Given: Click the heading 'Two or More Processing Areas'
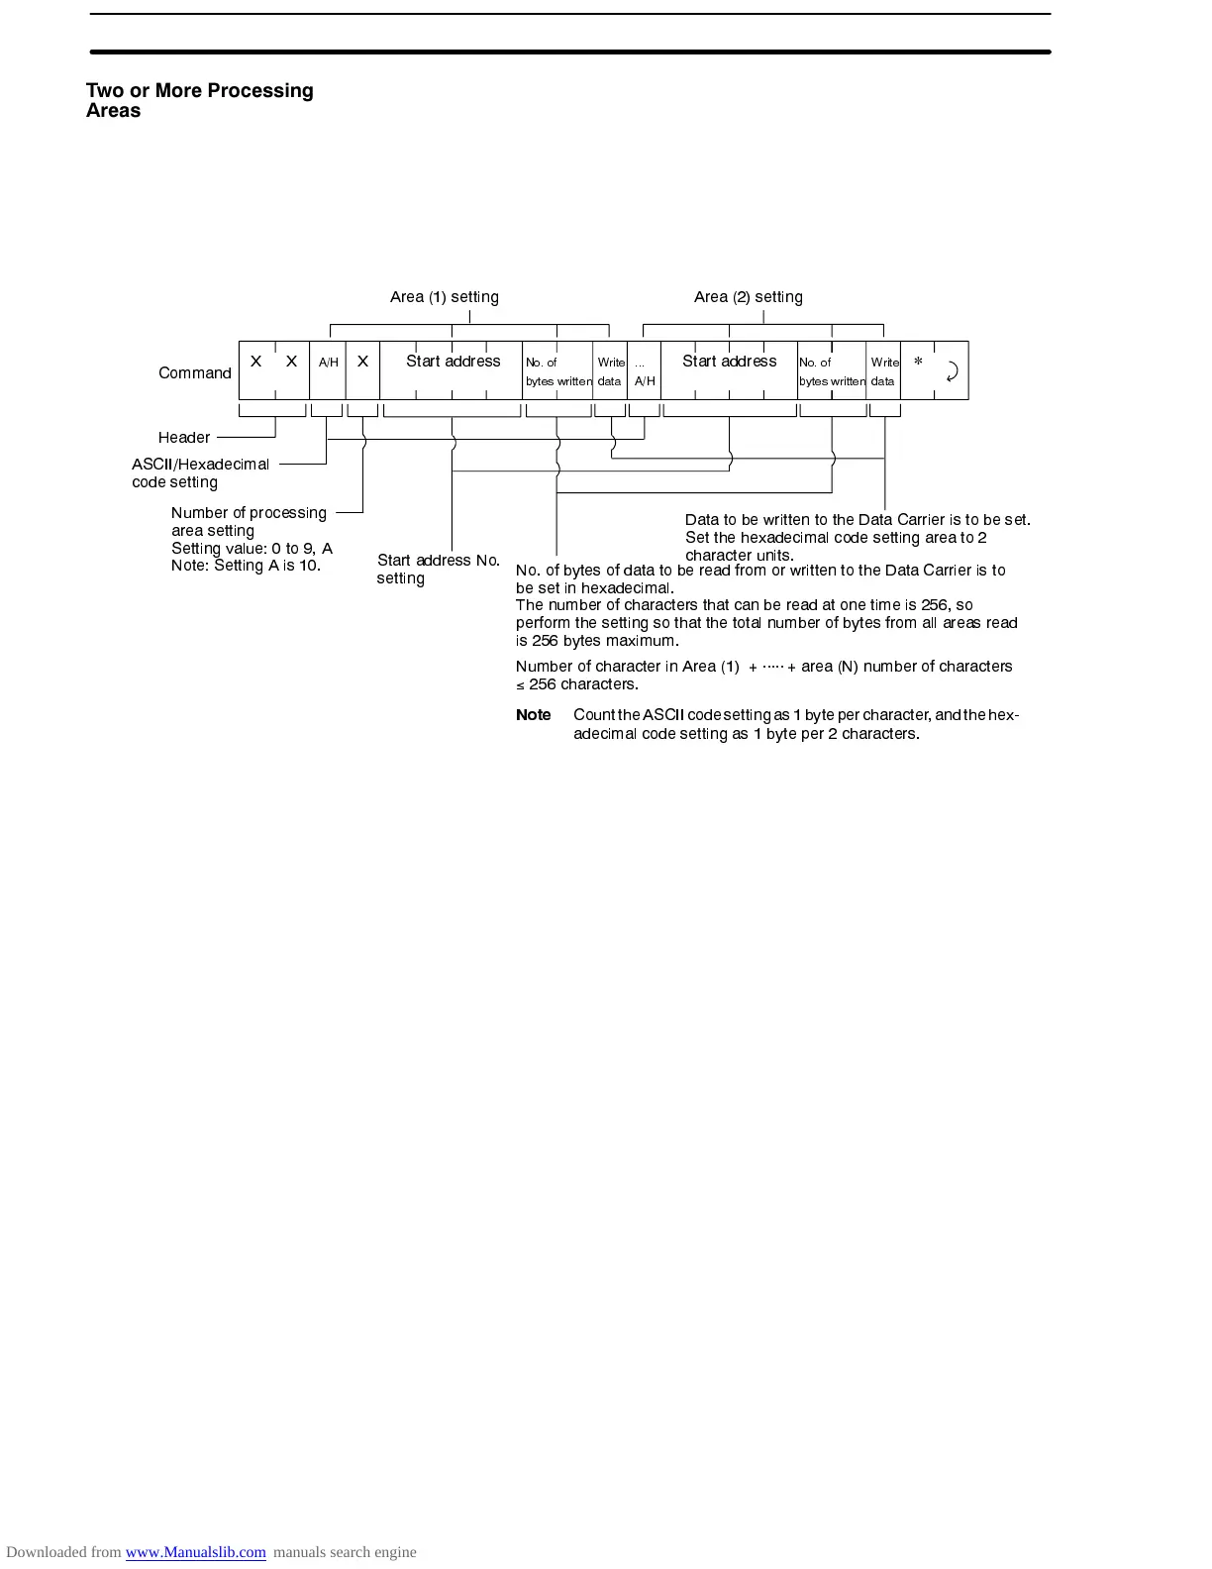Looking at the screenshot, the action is coord(199,100).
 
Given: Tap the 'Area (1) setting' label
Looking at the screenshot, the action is coord(444,297).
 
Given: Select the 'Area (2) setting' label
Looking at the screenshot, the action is coord(748,297).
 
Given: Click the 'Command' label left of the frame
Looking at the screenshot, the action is coord(194,373).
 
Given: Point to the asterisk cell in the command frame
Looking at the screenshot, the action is coord(918,364).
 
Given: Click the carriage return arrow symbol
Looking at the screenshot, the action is coord(952,371).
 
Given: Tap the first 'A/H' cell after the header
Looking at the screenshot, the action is coord(328,364).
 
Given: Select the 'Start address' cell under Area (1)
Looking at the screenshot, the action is coord(453,362).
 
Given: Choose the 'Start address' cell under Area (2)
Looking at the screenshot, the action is coord(729,362).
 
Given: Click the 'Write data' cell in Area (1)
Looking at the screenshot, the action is coord(610,371).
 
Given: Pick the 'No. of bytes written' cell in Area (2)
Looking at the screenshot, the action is coord(832,371).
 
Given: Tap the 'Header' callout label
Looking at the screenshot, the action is coord(184,438).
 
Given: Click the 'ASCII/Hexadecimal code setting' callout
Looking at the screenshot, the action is coord(200,473).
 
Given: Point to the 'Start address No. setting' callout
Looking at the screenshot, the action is coord(438,569).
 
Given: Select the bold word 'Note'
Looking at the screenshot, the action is coord(533,715).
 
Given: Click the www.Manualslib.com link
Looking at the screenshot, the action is coord(195,1552).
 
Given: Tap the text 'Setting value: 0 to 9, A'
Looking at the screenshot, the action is coord(252,549).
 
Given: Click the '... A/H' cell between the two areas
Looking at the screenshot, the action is coord(644,371).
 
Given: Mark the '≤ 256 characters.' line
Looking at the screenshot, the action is coord(577,684).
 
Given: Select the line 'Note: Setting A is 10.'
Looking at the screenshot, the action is coord(246,567).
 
